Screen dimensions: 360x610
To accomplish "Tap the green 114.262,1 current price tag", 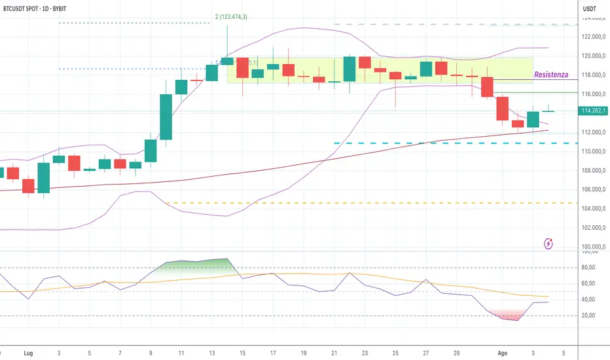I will point(594,111).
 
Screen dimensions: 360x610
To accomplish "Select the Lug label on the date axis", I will point(27,352).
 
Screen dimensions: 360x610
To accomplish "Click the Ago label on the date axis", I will point(501,352).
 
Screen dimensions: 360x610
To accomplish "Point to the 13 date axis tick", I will point(212,352).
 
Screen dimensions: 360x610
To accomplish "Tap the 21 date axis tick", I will point(334,352).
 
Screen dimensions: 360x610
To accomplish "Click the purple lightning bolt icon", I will point(548,243).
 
